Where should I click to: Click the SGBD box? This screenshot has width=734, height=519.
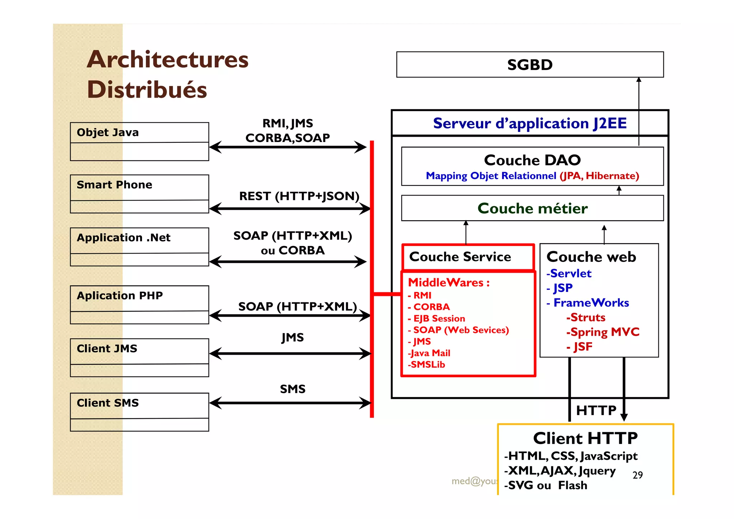[x=530, y=65]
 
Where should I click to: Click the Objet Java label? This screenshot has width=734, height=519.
[x=108, y=132]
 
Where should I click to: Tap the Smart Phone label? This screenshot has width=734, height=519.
[x=114, y=185]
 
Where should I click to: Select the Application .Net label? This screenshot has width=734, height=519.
[x=123, y=237]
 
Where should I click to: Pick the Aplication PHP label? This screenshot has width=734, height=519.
[x=120, y=296]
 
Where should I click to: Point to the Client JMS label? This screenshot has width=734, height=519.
[x=107, y=349]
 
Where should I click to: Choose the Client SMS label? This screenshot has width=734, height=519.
[x=108, y=403]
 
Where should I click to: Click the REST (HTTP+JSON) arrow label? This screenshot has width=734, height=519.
[x=299, y=196]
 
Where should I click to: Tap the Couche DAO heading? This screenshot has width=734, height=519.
[x=532, y=160]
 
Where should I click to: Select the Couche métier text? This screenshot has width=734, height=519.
[x=532, y=208]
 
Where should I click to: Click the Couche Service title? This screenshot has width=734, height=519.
[x=460, y=257]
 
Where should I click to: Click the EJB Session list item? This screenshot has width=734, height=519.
[x=439, y=319]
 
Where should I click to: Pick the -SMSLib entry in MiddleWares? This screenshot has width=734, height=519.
[x=426, y=365]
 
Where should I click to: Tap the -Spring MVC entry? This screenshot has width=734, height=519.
[x=603, y=332]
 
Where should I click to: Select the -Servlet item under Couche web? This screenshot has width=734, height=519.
[x=569, y=274]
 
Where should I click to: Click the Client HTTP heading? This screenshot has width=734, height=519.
[x=585, y=438]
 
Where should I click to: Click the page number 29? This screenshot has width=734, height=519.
[x=638, y=475]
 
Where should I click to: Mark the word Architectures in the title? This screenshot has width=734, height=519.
[x=167, y=60]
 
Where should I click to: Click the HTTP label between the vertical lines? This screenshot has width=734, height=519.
[x=596, y=410]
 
